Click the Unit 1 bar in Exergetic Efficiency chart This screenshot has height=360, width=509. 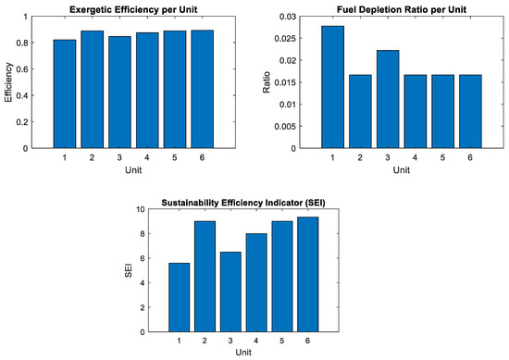[x=65, y=93]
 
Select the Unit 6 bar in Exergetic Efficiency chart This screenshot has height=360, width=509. [x=203, y=89]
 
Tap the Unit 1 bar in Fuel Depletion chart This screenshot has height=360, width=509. [x=333, y=87]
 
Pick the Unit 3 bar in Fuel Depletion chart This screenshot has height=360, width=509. [x=388, y=99]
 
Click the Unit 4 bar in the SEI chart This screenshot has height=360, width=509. [x=256, y=283]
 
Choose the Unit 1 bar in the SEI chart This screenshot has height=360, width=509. [x=180, y=297]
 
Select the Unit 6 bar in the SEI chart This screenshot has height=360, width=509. [x=308, y=274]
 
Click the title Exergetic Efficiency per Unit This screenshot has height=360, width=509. [x=133, y=9]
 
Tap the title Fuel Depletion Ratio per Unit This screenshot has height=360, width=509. [x=402, y=9]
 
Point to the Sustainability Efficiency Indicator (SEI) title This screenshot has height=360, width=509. [x=243, y=203]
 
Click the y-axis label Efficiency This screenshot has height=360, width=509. [x=8, y=82]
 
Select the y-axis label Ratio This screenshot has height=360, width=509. [x=267, y=82]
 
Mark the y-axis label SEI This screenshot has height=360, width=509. [x=129, y=270]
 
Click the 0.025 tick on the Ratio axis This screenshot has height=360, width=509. [x=285, y=39]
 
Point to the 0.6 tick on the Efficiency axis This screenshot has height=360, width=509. [x=22, y=69]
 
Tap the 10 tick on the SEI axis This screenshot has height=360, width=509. [x=141, y=209]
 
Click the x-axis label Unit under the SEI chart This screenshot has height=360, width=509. [x=243, y=353]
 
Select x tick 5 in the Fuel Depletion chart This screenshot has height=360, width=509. [x=442, y=157]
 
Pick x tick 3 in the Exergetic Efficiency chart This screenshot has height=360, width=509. [x=119, y=157]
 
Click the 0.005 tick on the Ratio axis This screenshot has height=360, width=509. [x=285, y=126]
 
